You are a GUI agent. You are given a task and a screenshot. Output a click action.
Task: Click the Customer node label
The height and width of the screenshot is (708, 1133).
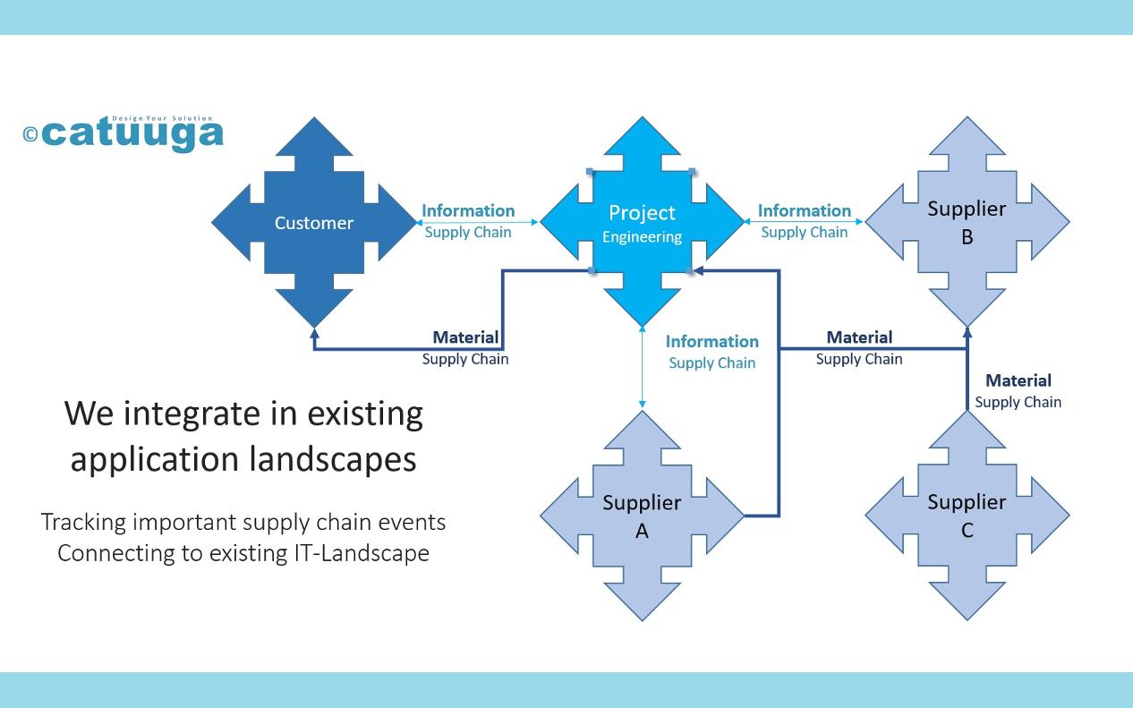tap(313, 223)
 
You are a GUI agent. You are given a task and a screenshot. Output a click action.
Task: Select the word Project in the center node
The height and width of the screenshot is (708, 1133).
tap(642, 213)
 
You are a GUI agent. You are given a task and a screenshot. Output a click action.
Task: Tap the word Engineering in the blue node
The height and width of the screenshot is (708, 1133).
tap(642, 236)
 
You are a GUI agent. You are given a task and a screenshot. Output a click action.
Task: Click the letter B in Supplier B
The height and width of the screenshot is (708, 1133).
tap(967, 237)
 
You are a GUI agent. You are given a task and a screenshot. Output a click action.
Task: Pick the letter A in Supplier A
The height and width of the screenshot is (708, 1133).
tap(642, 531)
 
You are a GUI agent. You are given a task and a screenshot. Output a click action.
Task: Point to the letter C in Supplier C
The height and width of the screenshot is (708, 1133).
tap(967, 531)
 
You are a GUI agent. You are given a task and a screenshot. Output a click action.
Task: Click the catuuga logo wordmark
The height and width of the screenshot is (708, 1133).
tap(132, 133)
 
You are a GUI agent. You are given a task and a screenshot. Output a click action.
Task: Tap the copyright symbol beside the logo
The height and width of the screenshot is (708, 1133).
tap(30, 134)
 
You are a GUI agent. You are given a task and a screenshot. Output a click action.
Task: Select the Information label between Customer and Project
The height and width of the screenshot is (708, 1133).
tap(468, 210)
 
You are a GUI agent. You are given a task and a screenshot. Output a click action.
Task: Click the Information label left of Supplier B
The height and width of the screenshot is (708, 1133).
tap(805, 210)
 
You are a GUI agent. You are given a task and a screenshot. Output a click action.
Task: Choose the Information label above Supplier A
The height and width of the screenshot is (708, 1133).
tap(712, 341)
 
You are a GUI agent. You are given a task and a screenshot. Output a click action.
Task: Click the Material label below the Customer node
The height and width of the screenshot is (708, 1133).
tap(465, 337)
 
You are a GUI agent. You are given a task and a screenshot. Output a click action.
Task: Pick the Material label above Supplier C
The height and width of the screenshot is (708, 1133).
tap(1018, 380)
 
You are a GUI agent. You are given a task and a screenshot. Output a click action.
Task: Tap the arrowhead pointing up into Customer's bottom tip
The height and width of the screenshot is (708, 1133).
tap(314, 333)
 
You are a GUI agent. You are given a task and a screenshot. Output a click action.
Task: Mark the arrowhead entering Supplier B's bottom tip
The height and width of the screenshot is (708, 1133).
tap(967, 332)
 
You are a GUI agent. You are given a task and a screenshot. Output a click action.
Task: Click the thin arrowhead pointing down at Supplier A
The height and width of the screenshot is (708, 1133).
tap(642, 404)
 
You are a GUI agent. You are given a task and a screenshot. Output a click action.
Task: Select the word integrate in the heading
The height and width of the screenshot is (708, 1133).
tap(191, 414)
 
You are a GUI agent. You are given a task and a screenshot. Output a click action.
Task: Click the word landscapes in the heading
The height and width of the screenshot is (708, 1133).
tap(333, 460)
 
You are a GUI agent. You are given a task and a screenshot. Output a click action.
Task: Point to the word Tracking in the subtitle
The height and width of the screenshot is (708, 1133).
tap(83, 523)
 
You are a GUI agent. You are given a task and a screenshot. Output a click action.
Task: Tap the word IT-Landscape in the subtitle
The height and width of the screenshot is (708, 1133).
tap(362, 553)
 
